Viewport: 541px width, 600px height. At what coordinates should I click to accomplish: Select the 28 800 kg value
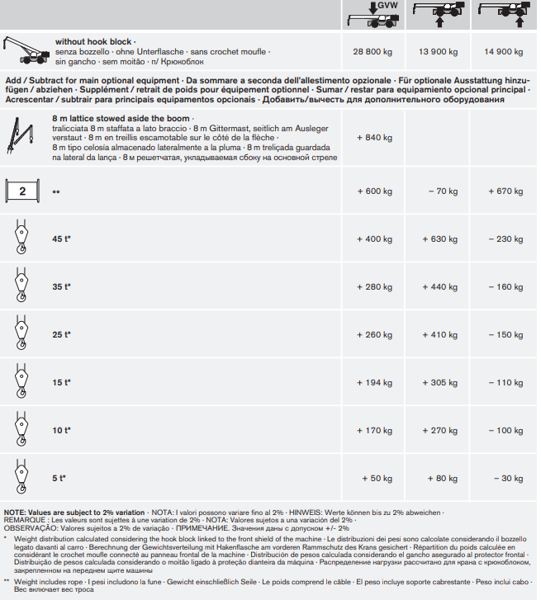coord(372,52)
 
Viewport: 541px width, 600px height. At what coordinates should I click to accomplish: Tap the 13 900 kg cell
coord(438,52)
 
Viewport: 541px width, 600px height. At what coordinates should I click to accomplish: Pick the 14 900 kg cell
coord(504,52)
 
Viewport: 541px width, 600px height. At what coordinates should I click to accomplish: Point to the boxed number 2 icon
coord(23,191)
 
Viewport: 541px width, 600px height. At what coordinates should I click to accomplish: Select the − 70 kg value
coord(442,191)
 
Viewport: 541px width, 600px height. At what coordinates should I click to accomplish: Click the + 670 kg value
coord(505,191)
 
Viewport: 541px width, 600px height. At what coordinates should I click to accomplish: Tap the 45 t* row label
coord(61,239)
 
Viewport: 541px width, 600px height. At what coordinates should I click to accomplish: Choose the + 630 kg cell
coord(439,239)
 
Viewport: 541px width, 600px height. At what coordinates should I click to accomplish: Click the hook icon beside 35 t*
coord(21,286)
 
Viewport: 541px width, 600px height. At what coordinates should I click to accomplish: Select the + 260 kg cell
coord(374,335)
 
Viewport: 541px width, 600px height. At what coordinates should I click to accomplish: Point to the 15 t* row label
coord(61,383)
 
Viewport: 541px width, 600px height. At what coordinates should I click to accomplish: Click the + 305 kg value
coord(439,383)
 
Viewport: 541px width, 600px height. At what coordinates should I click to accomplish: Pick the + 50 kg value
coord(377,479)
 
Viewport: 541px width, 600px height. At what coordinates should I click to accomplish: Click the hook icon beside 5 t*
coord(21,478)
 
